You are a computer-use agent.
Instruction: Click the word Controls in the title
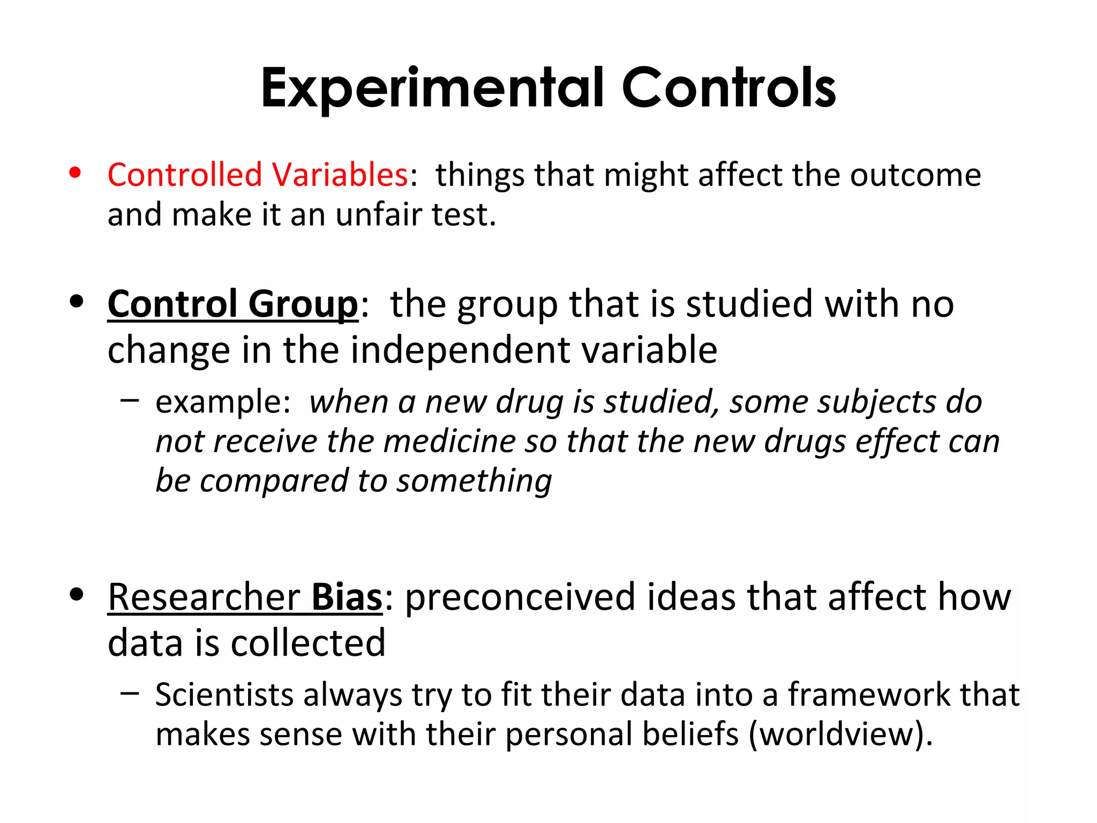[x=728, y=88]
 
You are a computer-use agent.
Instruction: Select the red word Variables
[x=340, y=175]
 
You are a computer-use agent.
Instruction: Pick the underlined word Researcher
[x=204, y=597]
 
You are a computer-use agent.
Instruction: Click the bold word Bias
[x=347, y=597]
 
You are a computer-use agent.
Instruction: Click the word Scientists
[x=224, y=695]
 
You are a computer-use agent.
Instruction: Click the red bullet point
[x=75, y=173]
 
